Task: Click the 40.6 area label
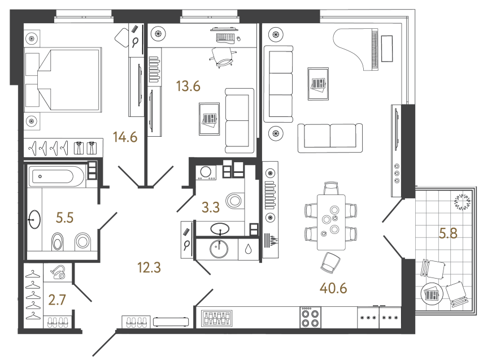(x=333, y=288)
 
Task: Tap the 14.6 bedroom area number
(x=125, y=137)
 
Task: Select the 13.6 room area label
(x=188, y=86)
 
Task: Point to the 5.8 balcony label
(x=448, y=233)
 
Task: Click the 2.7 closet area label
(x=57, y=300)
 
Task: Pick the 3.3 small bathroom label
(x=211, y=207)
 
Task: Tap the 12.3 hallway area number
(x=149, y=267)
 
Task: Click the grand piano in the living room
(x=356, y=49)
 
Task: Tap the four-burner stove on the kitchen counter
(x=311, y=318)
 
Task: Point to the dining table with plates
(x=331, y=222)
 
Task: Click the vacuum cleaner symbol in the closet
(x=59, y=272)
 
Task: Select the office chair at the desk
(x=223, y=58)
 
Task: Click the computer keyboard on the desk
(x=225, y=38)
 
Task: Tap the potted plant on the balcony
(x=462, y=202)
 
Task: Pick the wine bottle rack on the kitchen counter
(x=216, y=318)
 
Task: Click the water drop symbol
(x=248, y=249)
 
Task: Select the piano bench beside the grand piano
(x=387, y=49)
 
